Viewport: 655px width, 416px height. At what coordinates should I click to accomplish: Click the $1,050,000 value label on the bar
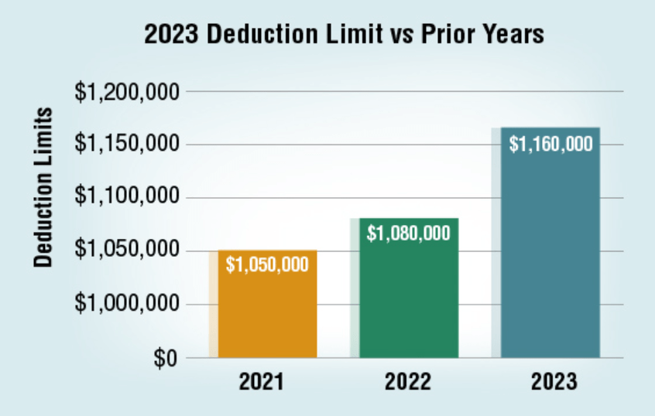click(267, 264)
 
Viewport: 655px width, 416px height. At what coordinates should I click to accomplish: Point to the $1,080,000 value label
click(409, 233)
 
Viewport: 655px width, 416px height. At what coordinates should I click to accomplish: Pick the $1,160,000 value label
click(551, 144)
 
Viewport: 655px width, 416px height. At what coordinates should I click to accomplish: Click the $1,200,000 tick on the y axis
click(127, 92)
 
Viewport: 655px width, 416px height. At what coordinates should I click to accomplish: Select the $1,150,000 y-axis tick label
click(127, 145)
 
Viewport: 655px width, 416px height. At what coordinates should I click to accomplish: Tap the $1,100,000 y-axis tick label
click(127, 198)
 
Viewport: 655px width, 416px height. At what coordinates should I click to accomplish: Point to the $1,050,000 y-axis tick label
click(127, 251)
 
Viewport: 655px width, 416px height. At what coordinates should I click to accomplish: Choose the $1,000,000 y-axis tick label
click(127, 305)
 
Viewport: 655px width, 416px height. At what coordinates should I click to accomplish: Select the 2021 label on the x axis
click(261, 382)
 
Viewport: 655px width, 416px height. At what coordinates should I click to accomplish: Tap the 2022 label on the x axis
click(407, 382)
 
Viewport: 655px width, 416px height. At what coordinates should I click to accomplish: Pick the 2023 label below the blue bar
click(554, 382)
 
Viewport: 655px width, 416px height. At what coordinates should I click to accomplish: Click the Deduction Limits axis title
click(44, 187)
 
